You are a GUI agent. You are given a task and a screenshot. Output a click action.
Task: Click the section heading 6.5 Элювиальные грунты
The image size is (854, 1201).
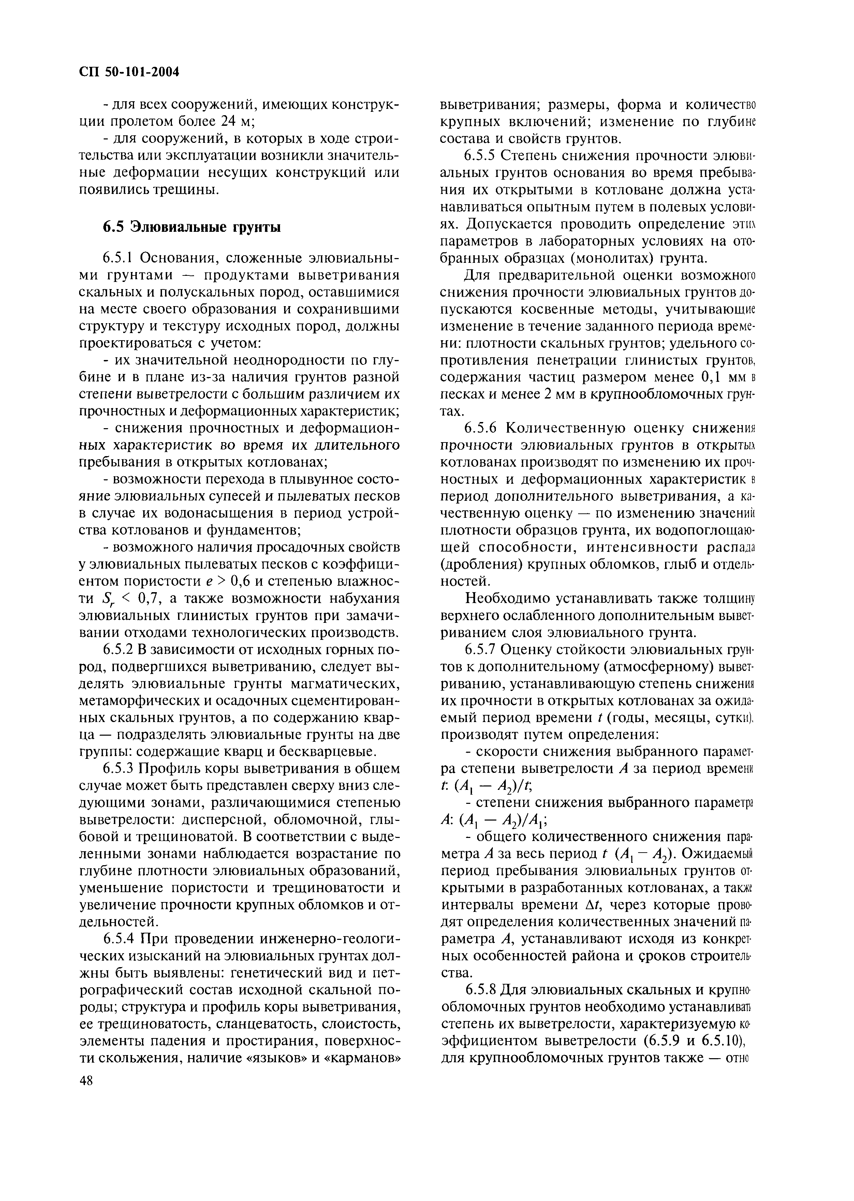pos(191,227)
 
